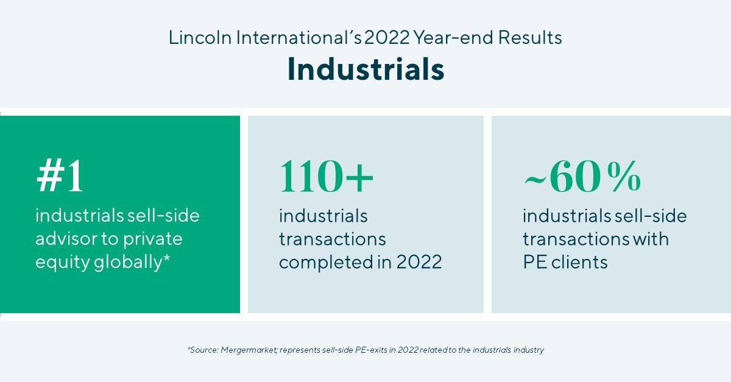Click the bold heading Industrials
click(365, 69)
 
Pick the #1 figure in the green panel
click(59, 178)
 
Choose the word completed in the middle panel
click(320, 262)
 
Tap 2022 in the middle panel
click(418, 262)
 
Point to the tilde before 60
click(535, 179)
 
